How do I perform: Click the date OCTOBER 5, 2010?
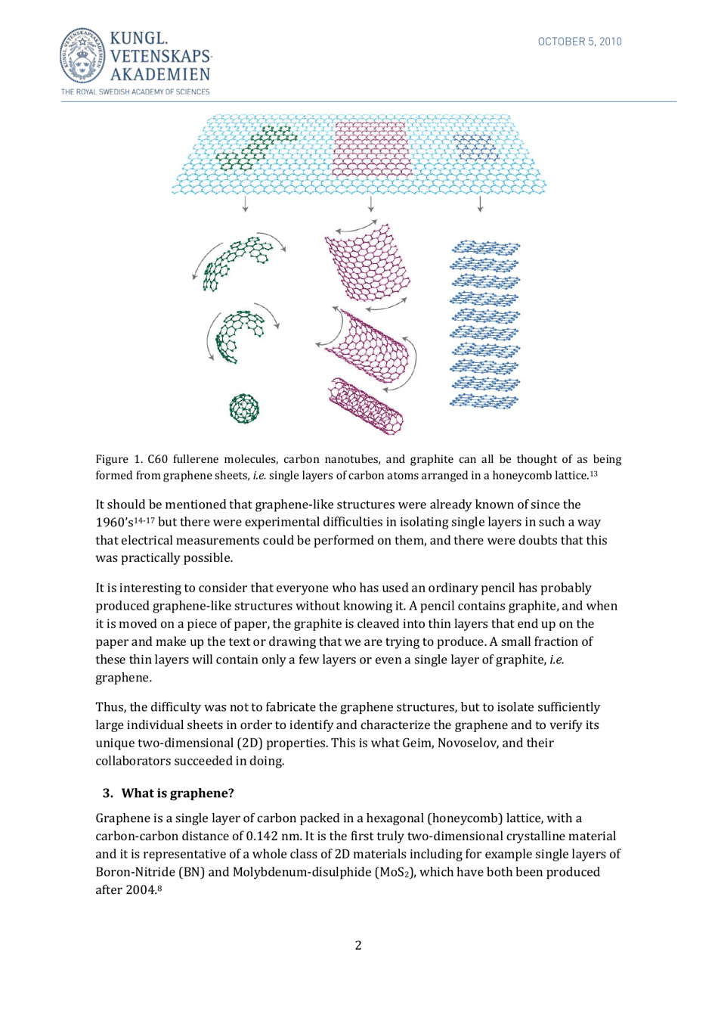pos(579,42)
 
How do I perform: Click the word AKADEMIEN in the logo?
pos(159,73)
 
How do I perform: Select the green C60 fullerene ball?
pos(243,408)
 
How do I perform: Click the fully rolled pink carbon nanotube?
pos(366,405)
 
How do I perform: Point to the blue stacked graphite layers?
pos(484,324)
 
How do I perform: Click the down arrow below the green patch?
pos(245,204)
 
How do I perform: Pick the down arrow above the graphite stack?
pos(480,204)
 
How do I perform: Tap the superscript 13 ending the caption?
pos(593,473)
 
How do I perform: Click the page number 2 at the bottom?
pos(358,945)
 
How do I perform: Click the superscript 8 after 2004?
pos(160,888)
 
